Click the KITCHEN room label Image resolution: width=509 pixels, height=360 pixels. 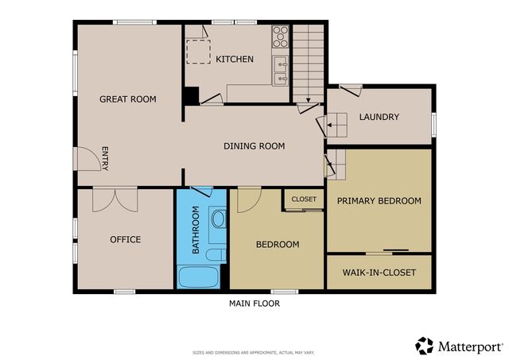[x=235, y=59]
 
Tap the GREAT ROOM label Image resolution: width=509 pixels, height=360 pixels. [x=127, y=99]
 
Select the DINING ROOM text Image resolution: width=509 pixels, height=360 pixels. [x=254, y=145]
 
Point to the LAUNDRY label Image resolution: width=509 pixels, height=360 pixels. [x=379, y=117]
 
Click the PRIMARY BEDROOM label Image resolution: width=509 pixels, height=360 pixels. [x=379, y=201]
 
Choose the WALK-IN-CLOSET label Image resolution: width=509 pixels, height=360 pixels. [x=379, y=273]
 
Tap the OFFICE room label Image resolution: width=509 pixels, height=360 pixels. [x=125, y=239]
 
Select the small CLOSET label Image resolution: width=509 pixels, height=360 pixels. [x=304, y=199]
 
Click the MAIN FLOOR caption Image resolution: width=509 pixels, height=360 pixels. [x=254, y=303]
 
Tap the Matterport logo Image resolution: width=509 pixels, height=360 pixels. [x=459, y=346]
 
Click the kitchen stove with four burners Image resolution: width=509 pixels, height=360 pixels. [x=281, y=37]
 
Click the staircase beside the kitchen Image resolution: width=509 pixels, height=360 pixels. [x=309, y=60]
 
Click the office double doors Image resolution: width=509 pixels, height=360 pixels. [x=115, y=199]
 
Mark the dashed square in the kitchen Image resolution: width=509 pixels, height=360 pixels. [x=197, y=50]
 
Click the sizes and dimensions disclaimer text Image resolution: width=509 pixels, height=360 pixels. [x=254, y=352]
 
